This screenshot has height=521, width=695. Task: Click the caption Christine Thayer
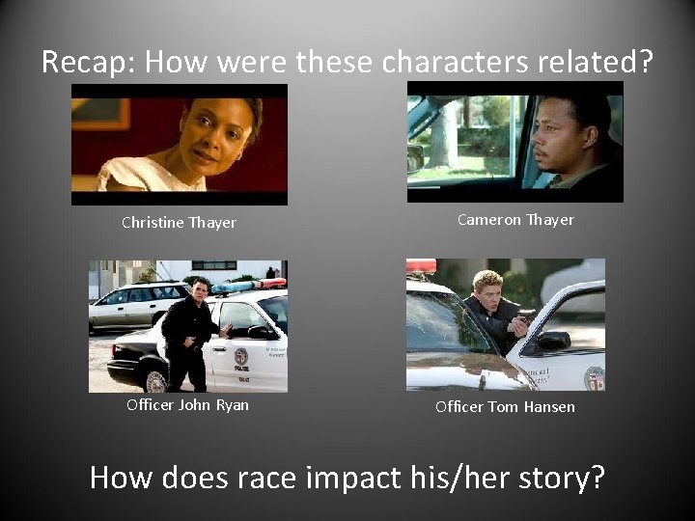click(179, 223)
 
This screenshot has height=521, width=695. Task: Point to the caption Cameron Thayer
click(515, 220)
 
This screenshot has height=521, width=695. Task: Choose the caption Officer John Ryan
click(187, 405)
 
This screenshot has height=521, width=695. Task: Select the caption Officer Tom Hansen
click(505, 407)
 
